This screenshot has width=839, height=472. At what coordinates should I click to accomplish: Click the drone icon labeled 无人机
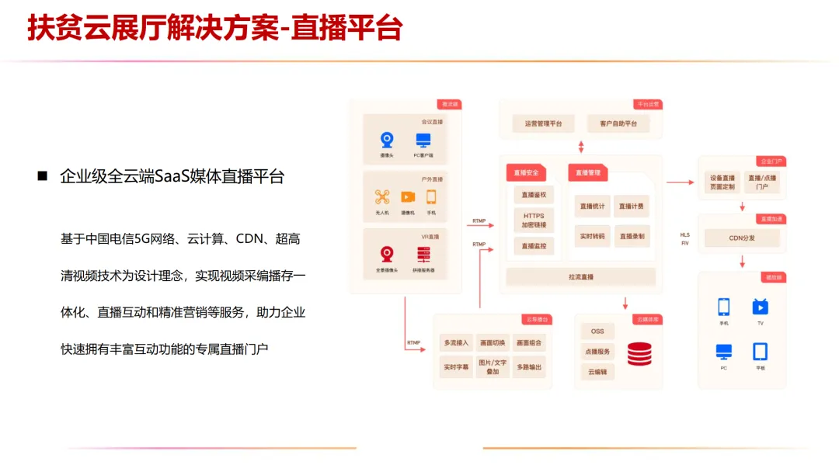click(381, 197)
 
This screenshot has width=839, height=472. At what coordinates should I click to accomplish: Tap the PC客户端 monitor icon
click(423, 141)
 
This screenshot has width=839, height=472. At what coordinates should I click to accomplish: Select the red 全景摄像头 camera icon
click(387, 254)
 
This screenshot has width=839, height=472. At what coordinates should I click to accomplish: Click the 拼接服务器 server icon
click(423, 254)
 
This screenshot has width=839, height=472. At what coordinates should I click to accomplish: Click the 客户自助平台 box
click(618, 123)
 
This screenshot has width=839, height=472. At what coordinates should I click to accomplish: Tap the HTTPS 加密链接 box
click(534, 220)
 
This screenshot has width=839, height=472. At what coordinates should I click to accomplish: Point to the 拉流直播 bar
click(581, 276)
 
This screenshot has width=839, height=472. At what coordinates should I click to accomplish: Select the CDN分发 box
click(742, 238)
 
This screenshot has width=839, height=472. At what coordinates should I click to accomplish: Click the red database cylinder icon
click(640, 353)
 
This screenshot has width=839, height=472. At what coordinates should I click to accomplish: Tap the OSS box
click(597, 331)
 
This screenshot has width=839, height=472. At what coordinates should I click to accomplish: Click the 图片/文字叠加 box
click(493, 367)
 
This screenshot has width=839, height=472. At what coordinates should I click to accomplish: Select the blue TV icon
click(760, 307)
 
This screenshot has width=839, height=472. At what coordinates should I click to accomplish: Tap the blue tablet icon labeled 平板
click(760, 352)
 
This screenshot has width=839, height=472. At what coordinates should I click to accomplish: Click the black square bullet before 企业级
click(43, 176)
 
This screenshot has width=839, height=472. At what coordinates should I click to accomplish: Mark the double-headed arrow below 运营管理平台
click(581, 147)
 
